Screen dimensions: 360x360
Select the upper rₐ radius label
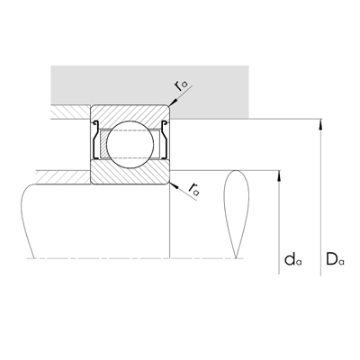click(x=184, y=85)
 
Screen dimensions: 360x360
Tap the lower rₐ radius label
click(x=194, y=188)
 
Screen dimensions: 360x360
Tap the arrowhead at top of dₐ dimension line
click(x=281, y=175)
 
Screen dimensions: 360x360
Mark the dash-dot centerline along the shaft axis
click(x=135, y=259)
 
